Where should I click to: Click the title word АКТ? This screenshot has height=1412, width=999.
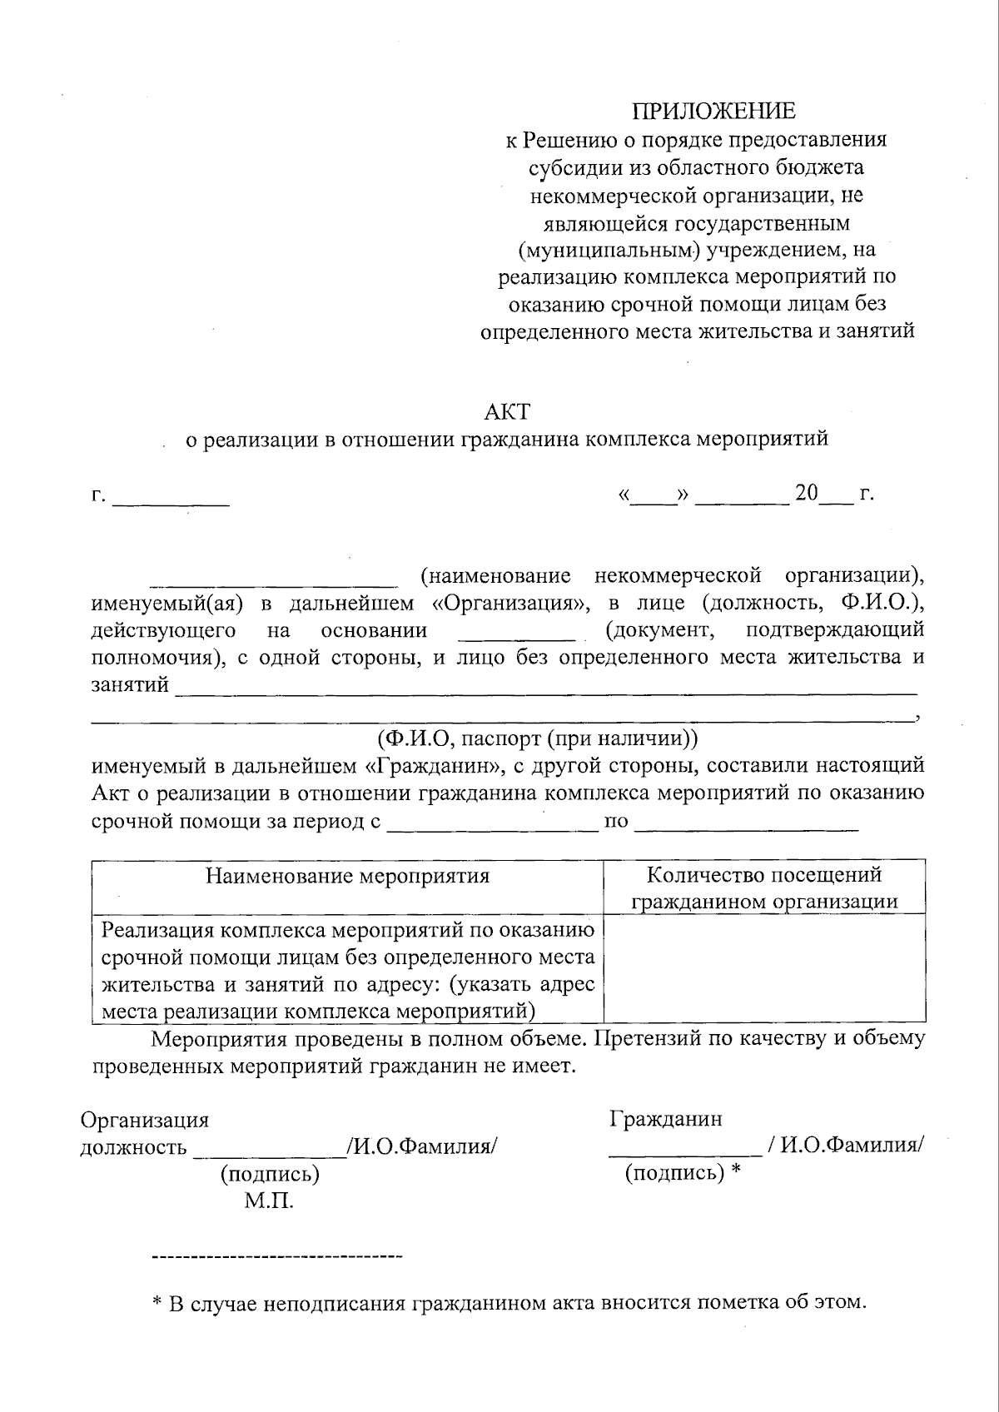pyautogui.click(x=507, y=411)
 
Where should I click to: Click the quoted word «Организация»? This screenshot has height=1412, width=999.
pyautogui.click(x=511, y=603)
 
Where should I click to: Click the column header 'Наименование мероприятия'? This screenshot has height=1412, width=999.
pyautogui.click(x=347, y=876)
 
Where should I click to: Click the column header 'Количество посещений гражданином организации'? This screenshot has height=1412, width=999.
pyautogui.click(x=764, y=887)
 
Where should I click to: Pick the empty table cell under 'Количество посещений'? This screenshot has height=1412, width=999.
pyautogui.click(x=764, y=967)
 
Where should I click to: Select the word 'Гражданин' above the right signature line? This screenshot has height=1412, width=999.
pyautogui.click(x=666, y=1118)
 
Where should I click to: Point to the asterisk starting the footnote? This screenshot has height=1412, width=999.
pyautogui.click(x=157, y=1304)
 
